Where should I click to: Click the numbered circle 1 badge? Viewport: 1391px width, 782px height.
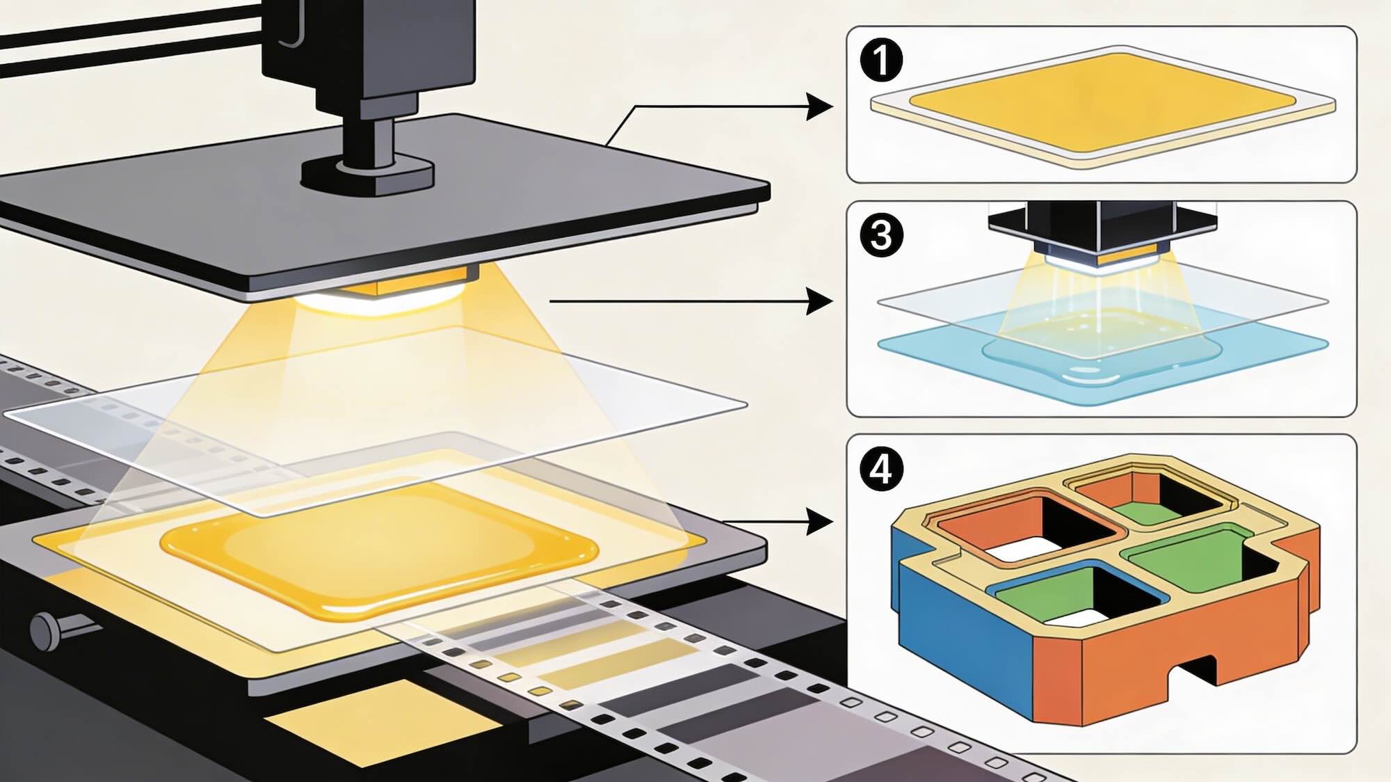click(x=881, y=60)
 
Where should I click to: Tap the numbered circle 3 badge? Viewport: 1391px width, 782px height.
click(x=881, y=235)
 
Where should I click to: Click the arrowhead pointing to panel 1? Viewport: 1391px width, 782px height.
click(x=819, y=107)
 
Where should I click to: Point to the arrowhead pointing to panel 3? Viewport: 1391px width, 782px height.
click(x=819, y=301)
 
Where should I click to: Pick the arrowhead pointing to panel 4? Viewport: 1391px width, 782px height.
click(x=819, y=521)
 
